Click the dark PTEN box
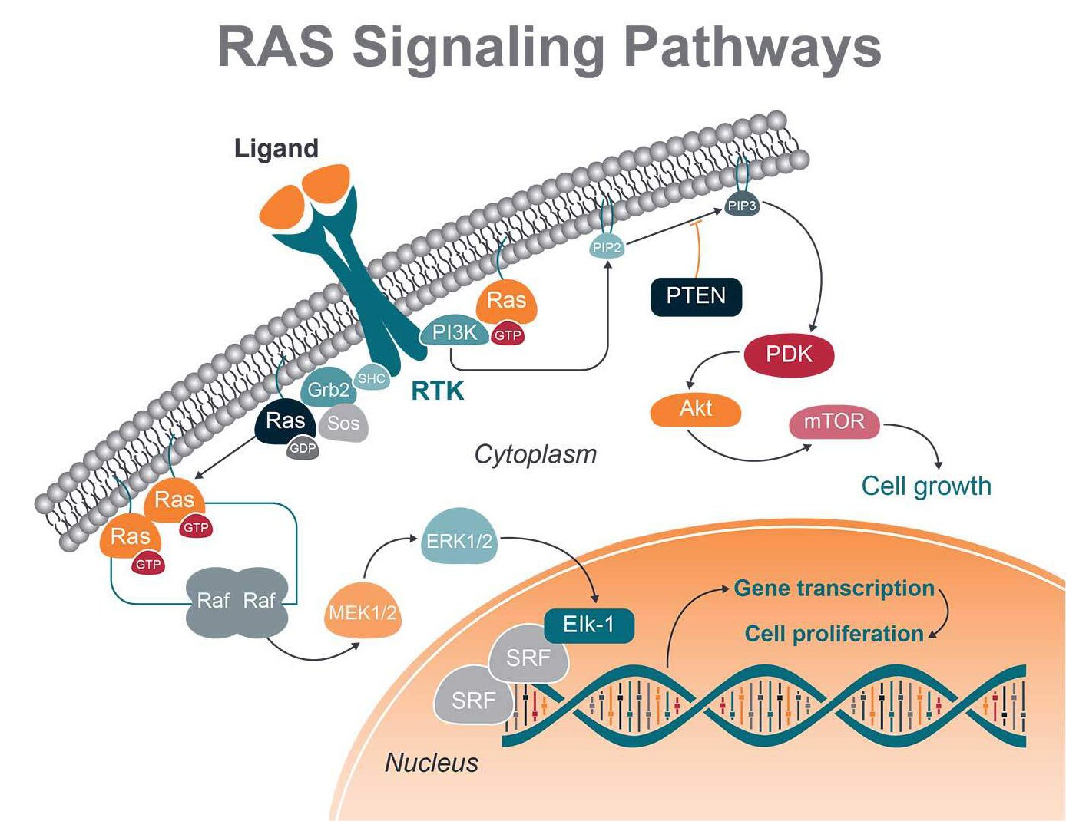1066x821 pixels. [x=696, y=296]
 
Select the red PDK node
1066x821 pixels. [x=789, y=354]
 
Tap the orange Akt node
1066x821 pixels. [x=696, y=409]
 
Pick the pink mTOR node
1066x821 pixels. [x=834, y=422]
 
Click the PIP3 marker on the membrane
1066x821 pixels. [x=743, y=206]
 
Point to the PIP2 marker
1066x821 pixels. [x=607, y=247]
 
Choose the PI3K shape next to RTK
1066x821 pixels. [x=455, y=332]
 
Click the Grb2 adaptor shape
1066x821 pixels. [x=328, y=390]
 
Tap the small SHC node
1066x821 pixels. [x=372, y=378]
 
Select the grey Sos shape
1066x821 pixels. [x=343, y=424]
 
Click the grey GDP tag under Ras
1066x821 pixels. [x=303, y=449]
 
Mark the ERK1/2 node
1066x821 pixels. [x=459, y=540]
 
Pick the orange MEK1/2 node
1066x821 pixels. [x=363, y=612]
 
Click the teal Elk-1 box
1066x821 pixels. [x=589, y=625]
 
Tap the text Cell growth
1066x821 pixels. [x=926, y=486]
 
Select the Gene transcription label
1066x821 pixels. [x=834, y=589]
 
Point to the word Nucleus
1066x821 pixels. [x=432, y=763]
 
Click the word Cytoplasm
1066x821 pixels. [x=535, y=454]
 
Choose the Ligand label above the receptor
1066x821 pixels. [x=276, y=148]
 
